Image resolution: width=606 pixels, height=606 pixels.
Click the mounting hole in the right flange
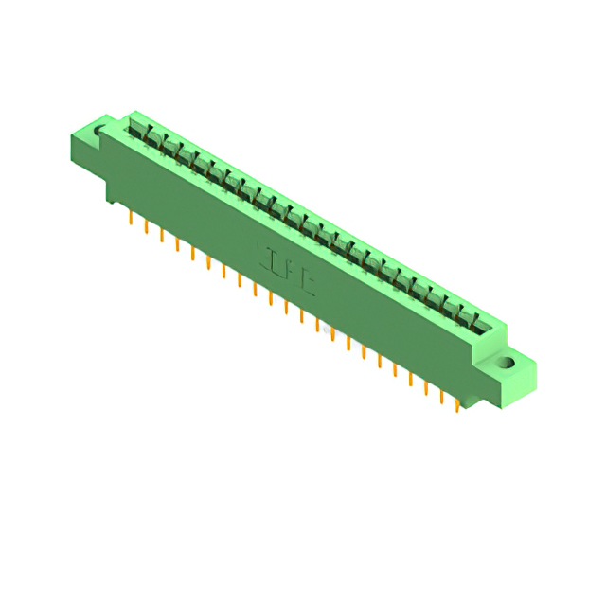point(508,362)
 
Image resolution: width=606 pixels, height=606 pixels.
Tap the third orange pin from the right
point(426,385)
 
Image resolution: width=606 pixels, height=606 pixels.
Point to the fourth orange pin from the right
point(410,377)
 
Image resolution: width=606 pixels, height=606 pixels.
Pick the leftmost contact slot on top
point(136,132)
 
